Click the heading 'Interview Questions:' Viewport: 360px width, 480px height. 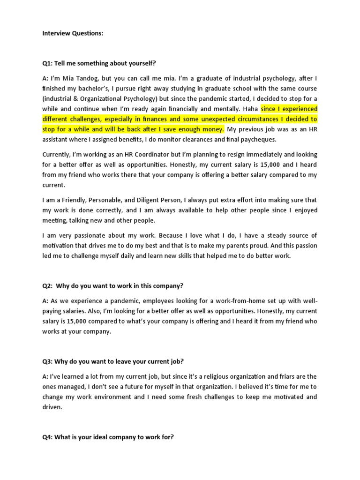[x=72, y=33]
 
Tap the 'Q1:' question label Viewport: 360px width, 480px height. [x=49, y=63]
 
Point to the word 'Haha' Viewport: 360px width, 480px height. [x=250, y=109]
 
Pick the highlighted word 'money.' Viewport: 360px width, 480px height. [x=212, y=129]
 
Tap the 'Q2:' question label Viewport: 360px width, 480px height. [x=49, y=285]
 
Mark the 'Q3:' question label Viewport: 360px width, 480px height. [x=49, y=361]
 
